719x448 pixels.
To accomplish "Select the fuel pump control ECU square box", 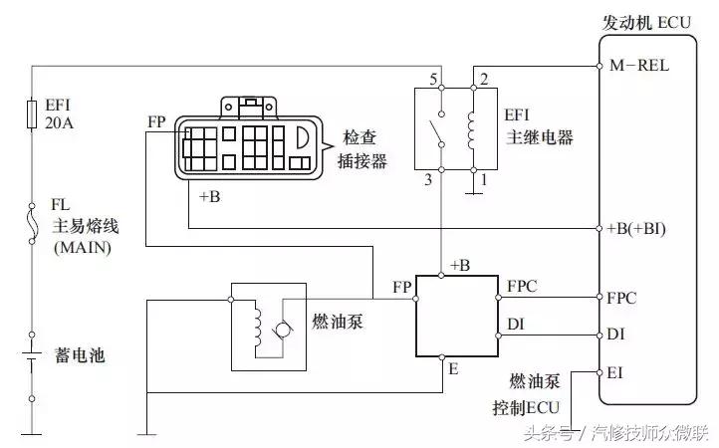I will coord(455,315).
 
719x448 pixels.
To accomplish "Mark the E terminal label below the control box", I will coord(453,367).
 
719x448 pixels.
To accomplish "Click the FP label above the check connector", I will coord(156,122).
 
